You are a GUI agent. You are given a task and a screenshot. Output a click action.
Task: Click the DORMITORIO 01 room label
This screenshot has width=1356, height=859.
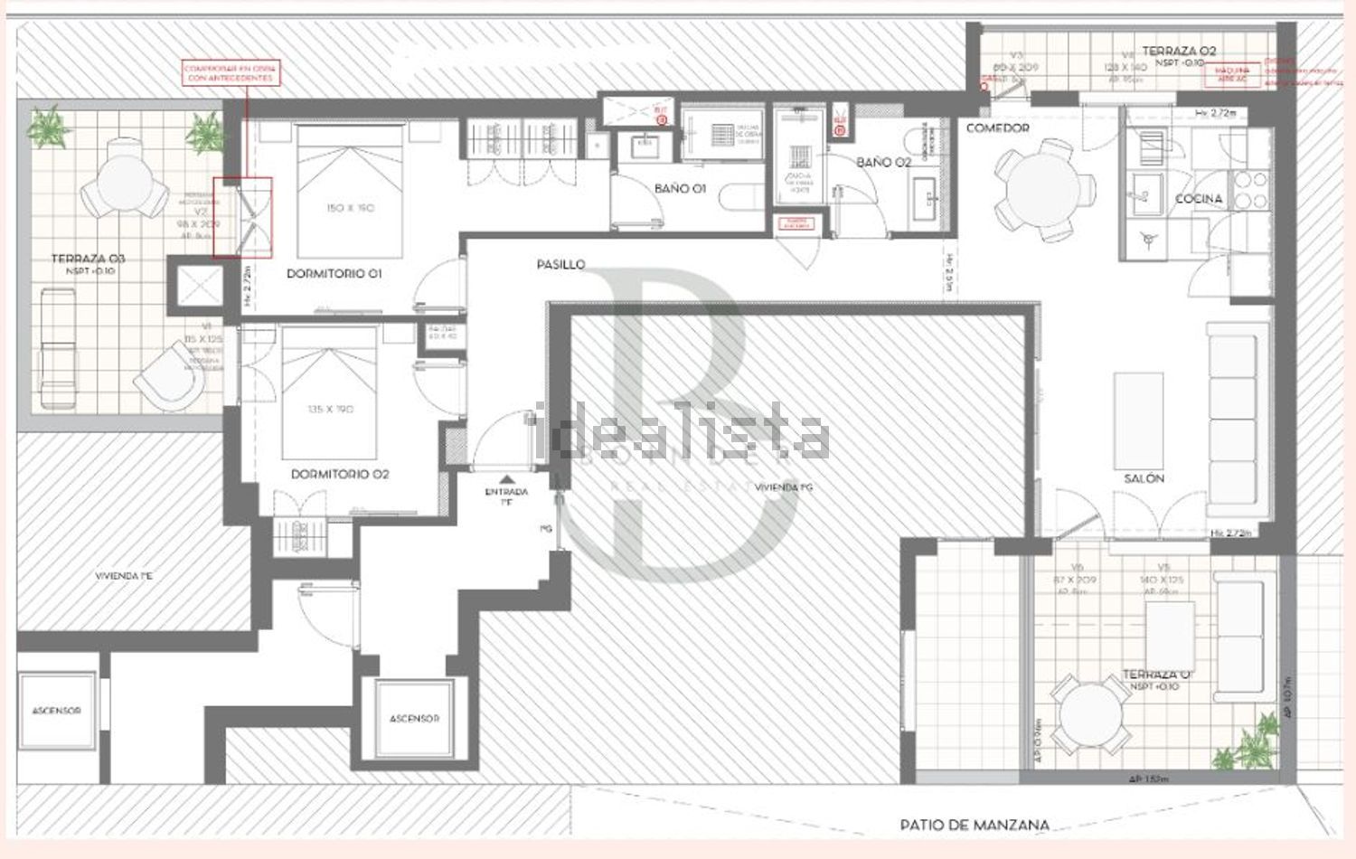pos(334,273)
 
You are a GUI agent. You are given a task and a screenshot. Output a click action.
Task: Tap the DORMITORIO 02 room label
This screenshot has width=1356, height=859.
pos(340,474)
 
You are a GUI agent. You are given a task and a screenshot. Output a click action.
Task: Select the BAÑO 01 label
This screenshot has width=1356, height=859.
pos(680,189)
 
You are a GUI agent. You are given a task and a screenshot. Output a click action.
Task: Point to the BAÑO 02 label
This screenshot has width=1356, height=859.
pos(883,163)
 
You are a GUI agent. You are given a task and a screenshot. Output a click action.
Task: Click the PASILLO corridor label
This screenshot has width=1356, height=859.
pos(560,265)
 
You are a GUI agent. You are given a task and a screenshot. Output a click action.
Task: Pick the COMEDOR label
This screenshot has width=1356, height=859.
pos(997,128)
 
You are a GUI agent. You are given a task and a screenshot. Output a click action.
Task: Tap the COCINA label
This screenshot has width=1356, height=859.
pos(1198,199)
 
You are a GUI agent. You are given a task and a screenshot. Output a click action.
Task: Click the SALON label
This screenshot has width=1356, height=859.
pos(1144,478)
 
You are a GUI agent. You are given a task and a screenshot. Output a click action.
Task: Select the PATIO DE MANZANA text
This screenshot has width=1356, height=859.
pos(975,825)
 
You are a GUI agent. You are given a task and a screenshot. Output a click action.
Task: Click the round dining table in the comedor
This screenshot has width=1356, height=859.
pos(1044,191)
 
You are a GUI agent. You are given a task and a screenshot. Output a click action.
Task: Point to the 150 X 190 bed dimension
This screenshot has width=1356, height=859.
pos(350,208)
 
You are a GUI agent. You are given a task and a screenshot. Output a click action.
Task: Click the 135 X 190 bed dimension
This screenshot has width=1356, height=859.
pos(330,410)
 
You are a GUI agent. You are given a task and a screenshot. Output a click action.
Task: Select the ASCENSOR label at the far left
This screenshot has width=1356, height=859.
pos(56,711)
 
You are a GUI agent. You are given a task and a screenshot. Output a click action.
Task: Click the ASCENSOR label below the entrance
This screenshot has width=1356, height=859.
pos(414,719)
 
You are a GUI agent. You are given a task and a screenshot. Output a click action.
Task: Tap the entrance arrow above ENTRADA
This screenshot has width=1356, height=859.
pos(506,480)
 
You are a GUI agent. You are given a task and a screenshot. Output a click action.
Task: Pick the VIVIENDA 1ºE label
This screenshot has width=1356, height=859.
pos(124,576)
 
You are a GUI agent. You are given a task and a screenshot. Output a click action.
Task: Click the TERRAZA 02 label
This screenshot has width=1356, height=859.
pos(1179,52)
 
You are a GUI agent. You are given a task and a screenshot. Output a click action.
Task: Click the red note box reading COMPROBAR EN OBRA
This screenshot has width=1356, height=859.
pos(231,73)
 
